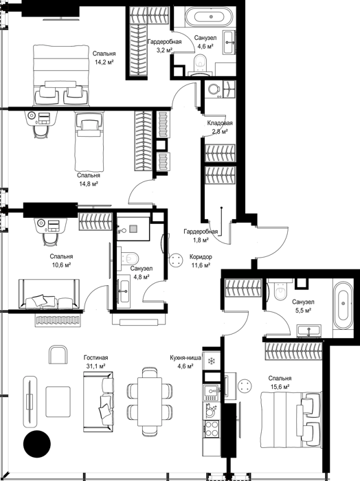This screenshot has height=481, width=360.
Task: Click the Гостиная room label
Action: click(95, 358)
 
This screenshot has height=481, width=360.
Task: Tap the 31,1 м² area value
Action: click(96, 366)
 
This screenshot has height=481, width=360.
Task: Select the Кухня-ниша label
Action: click(185, 358)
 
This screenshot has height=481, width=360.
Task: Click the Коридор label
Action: click(201, 257)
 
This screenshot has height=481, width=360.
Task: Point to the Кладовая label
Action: click(220, 123)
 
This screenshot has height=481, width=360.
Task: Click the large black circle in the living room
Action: click(37, 444)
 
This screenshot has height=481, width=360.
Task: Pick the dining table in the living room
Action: click(150, 401)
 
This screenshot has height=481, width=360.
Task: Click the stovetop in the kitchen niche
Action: click(212, 428)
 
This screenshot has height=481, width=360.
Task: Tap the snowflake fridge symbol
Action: click(211, 361)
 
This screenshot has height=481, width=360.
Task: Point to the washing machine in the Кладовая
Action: click(214, 89)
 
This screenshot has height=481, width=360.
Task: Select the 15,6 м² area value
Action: click(280, 387)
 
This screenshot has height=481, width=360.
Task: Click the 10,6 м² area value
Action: click(62, 265)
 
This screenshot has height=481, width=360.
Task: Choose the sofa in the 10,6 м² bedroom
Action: click(49, 294)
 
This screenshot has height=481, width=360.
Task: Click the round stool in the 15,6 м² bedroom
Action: click(245, 386)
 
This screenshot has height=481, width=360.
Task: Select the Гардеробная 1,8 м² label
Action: click(201, 236)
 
